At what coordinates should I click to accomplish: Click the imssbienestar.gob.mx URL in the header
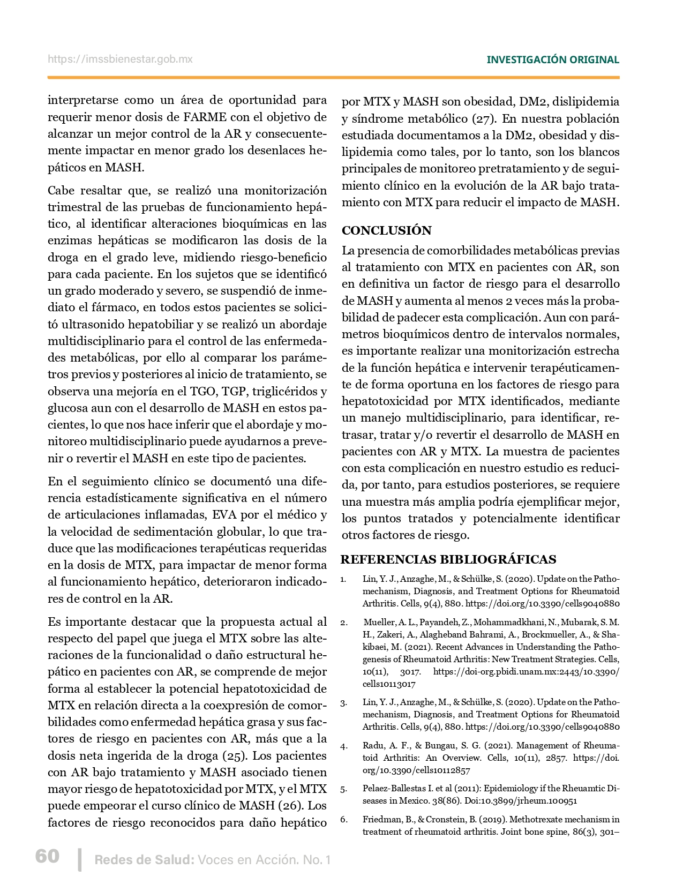click(x=120, y=59)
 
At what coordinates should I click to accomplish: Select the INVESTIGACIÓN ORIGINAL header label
click(x=552, y=60)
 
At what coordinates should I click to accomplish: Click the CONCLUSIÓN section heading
click(x=386, y=230)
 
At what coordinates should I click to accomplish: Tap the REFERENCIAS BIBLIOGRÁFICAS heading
click(x=448, y=559)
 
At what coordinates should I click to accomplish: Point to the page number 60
click(x=47, y=856)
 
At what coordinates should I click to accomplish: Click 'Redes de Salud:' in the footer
click(x=144, y=860)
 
